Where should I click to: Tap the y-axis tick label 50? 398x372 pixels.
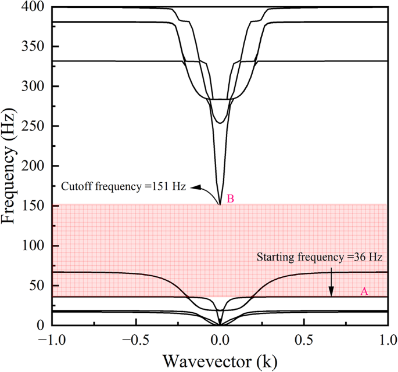[40, 286]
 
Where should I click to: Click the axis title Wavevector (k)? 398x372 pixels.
[220, 360]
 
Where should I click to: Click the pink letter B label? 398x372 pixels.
[231, 199]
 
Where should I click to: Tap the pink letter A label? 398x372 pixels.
[364, 291]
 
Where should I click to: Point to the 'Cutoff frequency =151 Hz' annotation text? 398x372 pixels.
[123, 187]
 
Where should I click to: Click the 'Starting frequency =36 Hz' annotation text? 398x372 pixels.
[319, 256]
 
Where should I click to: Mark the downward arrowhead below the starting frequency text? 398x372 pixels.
[332, 293]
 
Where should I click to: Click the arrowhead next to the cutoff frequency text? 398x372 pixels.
[196, 187]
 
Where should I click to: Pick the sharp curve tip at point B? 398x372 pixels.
[220, 204]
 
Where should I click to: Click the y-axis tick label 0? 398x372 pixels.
[43, 325]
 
